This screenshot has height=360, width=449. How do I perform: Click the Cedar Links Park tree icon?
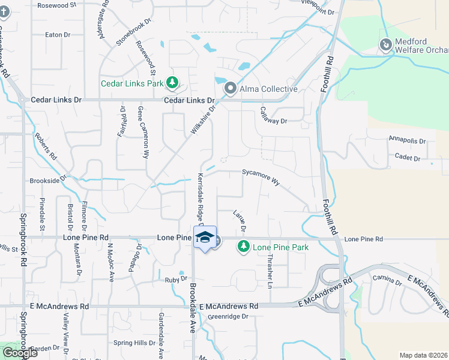click(172, 83)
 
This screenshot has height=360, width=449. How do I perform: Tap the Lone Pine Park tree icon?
click(244, 247)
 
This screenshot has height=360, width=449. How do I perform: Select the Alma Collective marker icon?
click(230, 89)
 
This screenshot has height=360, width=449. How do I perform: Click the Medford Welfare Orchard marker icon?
click(385, 44)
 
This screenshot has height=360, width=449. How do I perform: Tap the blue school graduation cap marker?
click(205, 238)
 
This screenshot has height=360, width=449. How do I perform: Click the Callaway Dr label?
click(274, 116)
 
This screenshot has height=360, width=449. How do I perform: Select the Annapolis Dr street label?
click(408, 141)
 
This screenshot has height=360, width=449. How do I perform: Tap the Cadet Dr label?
click(408, 158)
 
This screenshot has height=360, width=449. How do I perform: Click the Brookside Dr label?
click(47, 180)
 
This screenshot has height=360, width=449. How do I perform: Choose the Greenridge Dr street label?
click(228, 317)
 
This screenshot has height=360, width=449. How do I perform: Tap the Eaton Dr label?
click(58, 35)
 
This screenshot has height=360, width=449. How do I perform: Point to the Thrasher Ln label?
click(270, 271)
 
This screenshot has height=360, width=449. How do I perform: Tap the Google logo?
click(20, 353)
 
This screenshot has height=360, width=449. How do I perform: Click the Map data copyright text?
click(423, 355)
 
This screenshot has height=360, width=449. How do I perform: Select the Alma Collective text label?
click(269, 89)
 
